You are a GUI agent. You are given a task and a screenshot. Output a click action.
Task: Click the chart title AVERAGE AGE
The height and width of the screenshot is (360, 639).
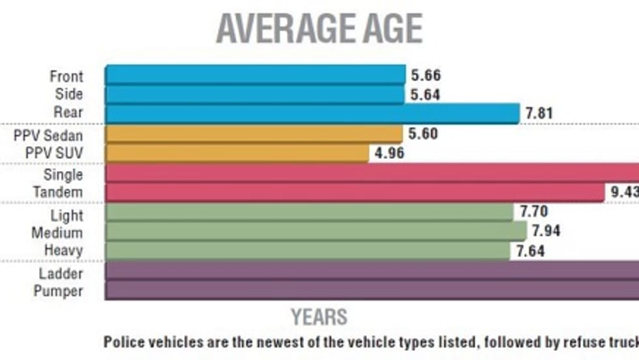click(x=319, y=29)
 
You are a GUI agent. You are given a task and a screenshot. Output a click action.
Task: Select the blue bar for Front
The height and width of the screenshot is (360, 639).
click(x=254, y=75)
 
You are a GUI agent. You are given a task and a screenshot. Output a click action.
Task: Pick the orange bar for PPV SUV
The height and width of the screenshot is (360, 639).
click(x=237, y=153)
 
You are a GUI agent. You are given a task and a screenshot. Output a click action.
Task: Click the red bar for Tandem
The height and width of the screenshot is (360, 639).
click(x=355, y=192)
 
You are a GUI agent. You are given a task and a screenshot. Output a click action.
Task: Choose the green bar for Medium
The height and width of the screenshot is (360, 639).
click(x=316, y=232)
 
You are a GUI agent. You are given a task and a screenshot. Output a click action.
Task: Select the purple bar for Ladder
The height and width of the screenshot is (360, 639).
click(x=372, y=271)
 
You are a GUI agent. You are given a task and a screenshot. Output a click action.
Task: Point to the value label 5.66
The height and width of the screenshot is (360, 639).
click(x=426, y=75)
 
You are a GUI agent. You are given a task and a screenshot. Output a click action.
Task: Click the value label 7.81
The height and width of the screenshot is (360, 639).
click(x=539, y=113)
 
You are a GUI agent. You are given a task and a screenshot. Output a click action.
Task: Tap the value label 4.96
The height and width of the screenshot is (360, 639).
click(x=389, y=154)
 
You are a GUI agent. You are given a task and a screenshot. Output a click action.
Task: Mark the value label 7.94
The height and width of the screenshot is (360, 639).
click(x=546, y=232)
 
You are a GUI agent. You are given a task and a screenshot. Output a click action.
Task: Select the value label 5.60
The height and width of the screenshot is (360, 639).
click(x=423, y=134)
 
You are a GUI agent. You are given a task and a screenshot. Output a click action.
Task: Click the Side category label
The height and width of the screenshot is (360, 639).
click(x=68, y=94)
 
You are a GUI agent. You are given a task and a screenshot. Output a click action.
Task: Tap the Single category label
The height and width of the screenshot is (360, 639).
click(x=63, y=174)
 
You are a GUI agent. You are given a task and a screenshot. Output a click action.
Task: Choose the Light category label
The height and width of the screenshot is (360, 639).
click(x=67, y=215)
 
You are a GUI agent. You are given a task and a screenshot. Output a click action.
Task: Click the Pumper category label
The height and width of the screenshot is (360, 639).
click(x=58, y=291)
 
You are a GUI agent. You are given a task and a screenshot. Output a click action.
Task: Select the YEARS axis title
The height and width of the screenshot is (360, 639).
click(x=319, y=317)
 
